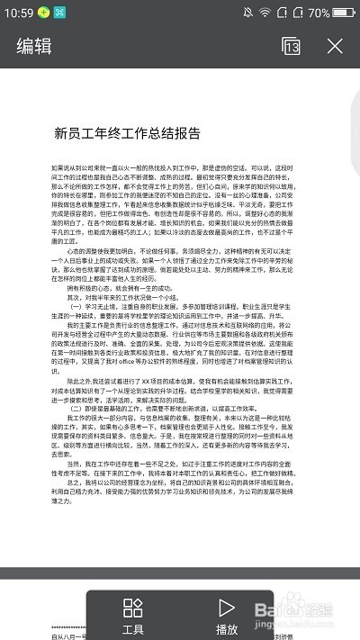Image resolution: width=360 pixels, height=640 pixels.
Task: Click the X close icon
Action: coord(335,47)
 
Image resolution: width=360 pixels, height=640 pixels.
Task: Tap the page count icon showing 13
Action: coord(291,47)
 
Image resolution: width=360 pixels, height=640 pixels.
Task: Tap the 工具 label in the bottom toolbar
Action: coord(133,629)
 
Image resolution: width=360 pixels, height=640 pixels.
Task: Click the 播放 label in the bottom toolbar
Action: coord(227,629)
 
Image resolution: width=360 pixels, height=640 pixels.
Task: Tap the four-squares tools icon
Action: coord(133,608)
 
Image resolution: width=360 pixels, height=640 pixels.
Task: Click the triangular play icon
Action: coord(227,608)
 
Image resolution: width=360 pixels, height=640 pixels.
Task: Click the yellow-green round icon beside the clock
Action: coord(42,14)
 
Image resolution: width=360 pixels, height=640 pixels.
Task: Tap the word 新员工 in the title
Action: coord(71,133)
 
